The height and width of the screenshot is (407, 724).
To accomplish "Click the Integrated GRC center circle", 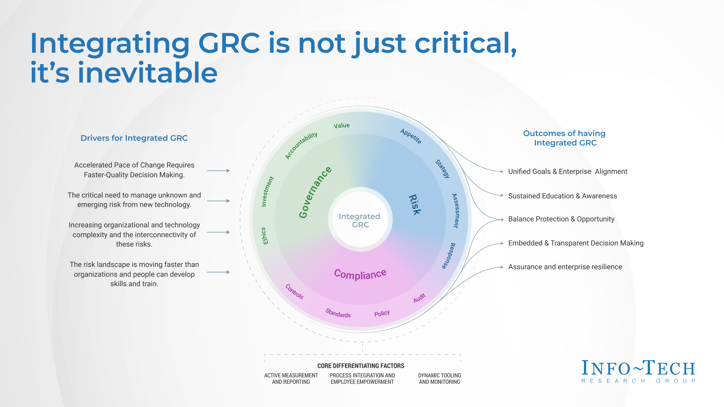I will (x=360, y=220).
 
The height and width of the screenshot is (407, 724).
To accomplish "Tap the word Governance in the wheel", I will (x=315, y=192).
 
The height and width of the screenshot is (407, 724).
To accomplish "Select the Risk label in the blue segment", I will (x=415, y=205).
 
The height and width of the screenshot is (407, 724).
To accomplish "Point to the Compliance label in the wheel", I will (x=360, y=274).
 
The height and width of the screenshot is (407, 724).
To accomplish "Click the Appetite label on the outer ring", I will (x=411, y=136).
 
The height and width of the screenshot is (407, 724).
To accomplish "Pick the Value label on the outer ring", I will (x=342, y=125).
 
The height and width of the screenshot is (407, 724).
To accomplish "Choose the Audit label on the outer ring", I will (x=419, y=298).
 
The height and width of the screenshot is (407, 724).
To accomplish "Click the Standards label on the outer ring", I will (x=338, y=313).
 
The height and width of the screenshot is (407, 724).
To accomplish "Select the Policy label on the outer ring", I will (x=382, y=313).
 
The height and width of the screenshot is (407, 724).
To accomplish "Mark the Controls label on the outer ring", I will (x=295, y=291).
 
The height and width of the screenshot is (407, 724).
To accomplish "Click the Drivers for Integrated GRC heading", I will (x=134, y=138).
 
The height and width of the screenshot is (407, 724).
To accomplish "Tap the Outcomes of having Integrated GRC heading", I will (x=564, y=138).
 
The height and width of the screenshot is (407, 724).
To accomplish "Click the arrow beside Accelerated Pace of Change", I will (x=218, y=171).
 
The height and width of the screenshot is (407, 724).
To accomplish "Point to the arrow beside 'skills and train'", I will (x=218, y=272).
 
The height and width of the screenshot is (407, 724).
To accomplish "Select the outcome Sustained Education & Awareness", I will (x=562, y=196).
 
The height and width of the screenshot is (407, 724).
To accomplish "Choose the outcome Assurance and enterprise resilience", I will (x=565, y=267).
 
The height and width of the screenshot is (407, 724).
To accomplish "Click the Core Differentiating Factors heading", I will (x=361, y=366).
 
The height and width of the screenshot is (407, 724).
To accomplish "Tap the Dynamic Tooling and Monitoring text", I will (x=439, y=378).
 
